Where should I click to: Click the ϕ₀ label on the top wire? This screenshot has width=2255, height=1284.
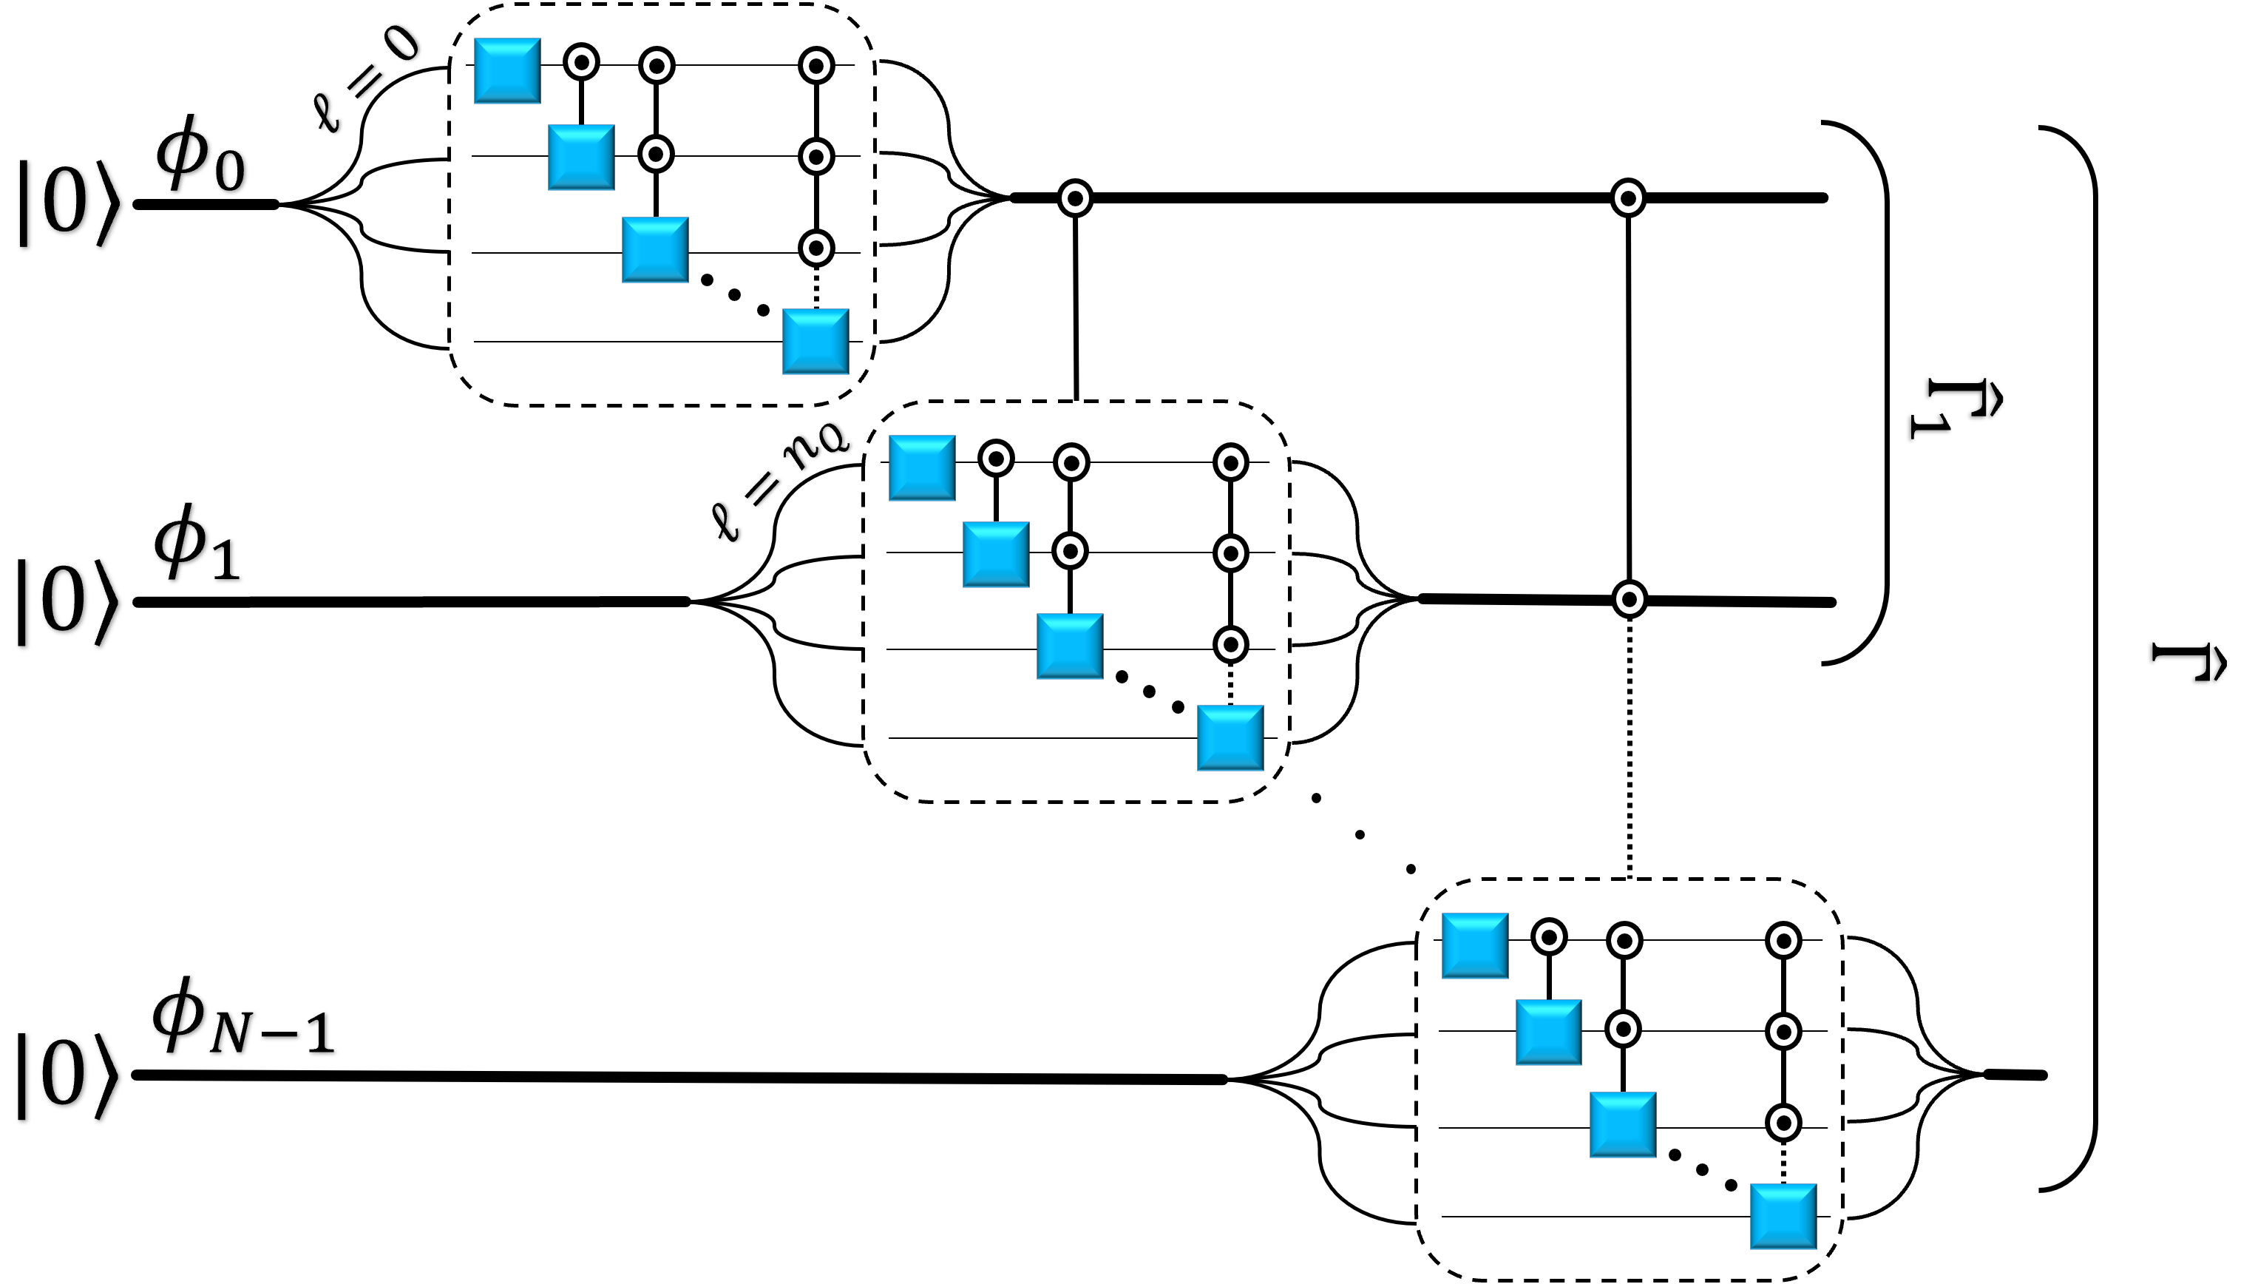point(199,157)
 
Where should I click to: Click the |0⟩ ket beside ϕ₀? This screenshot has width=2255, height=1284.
point(67,203)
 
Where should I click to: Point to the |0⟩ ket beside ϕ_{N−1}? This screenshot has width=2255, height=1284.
point(67,1076)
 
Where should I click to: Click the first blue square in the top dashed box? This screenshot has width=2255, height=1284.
point(507,70)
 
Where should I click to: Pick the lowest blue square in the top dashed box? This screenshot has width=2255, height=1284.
point(815,341)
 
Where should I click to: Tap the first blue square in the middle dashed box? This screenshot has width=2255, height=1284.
point(921,467)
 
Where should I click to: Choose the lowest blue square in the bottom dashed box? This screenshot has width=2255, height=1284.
point(1783,1217)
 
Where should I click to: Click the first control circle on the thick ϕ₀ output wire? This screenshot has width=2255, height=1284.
point(1074,198)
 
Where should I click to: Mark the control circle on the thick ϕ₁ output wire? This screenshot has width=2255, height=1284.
point(1629,600)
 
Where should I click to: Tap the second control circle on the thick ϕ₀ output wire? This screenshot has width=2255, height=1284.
point(1627,198)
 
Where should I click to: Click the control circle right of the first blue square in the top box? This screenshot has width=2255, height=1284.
point(581,63)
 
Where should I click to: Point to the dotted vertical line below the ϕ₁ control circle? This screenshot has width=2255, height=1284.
point(1629,749)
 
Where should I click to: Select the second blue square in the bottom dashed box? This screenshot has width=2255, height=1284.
point(1548,1032)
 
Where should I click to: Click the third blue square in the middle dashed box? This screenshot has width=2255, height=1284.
point(1069,646)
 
